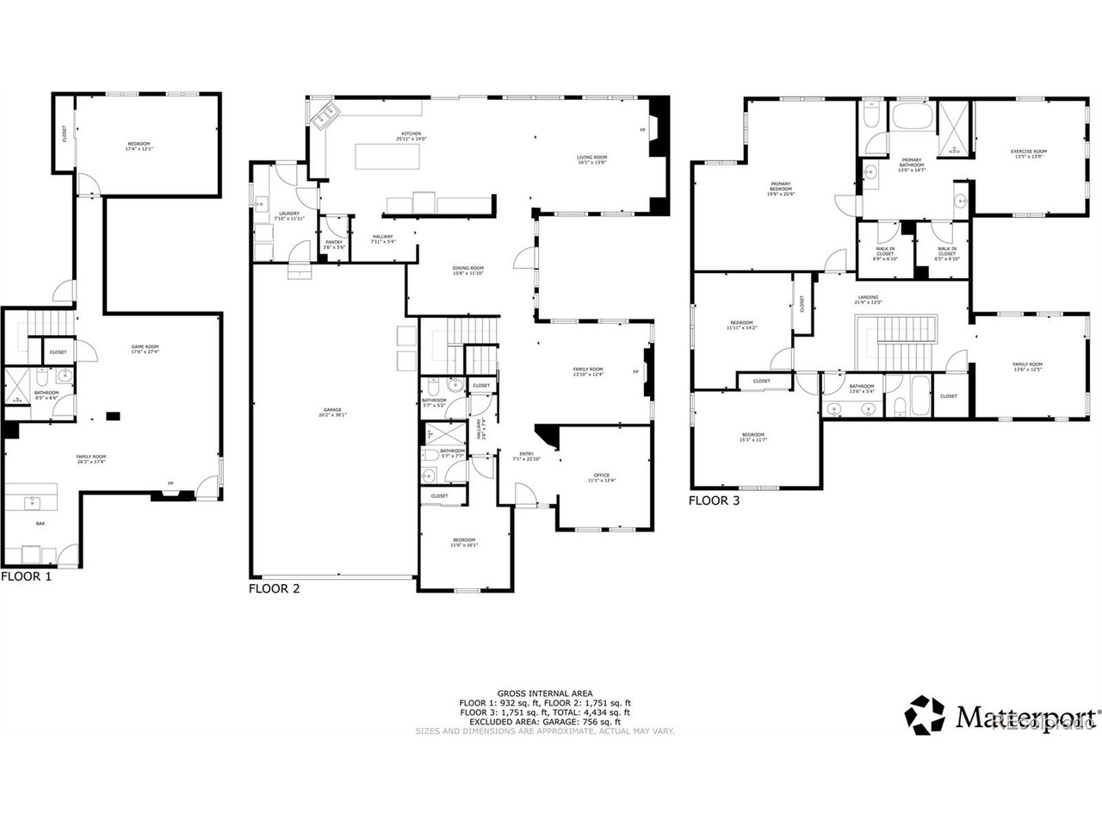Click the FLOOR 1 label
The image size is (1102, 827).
point(26,576)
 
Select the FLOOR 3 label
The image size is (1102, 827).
point(715,500)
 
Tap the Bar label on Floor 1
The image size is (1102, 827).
point(40,523)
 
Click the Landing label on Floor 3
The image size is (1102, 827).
point(867,299)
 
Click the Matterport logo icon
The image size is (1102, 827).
point(927,714)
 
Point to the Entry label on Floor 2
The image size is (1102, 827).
point(526,456)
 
